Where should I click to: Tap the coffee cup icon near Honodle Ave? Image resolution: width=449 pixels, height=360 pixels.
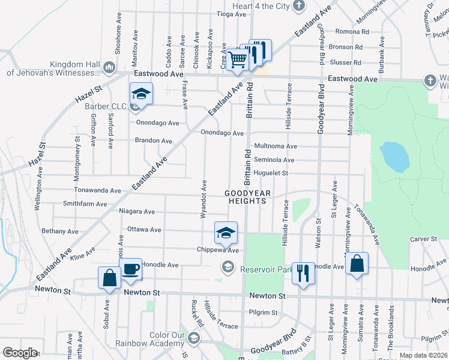pos(130,269)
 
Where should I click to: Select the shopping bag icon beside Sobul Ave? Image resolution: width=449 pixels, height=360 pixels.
pos(110,278)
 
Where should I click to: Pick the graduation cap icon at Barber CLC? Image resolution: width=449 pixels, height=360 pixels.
pos(141,94)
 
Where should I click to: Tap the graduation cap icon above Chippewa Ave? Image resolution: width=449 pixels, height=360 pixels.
pos(226,232)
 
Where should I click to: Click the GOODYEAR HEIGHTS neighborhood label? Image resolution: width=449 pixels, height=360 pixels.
pos(247,197)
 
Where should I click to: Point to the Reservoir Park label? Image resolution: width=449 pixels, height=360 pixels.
pos(266,269)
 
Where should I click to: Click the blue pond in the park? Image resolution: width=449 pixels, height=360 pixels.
pos(394,157)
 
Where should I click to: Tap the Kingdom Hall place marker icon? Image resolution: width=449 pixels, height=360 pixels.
pos(109,66)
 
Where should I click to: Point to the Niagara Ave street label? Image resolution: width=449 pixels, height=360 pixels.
pos(137,211)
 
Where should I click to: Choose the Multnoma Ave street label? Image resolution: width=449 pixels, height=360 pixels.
pos(276,146)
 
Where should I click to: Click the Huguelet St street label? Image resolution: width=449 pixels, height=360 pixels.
pos(271,173)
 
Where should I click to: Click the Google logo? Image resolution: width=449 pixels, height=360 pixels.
pos(20,353)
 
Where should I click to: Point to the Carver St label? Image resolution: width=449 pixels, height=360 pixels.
pos(424,239)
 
